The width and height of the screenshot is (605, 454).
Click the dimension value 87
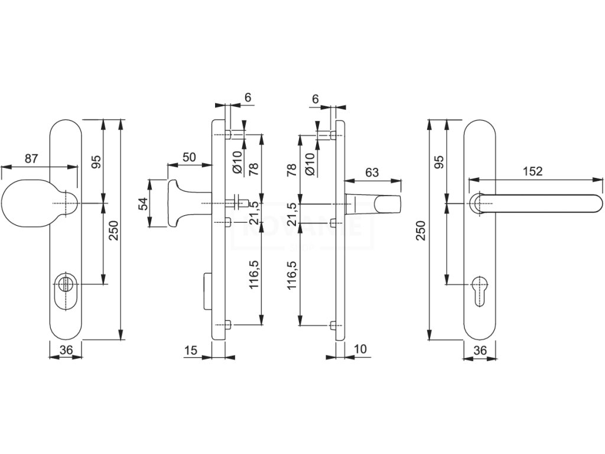coord(32,158)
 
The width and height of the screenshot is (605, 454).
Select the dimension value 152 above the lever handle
coord(533,171)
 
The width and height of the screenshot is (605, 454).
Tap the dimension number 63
coord(372,173)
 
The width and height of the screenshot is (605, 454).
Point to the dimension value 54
coord(142,204)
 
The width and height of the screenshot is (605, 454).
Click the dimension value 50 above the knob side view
coord(189,157)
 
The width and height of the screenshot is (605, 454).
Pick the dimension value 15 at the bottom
coord(190,351)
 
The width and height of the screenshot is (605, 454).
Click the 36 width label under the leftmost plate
coord(66,351)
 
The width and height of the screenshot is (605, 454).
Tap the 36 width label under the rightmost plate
coord(480,351)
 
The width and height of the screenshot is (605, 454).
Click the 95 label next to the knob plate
coord(97,161)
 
